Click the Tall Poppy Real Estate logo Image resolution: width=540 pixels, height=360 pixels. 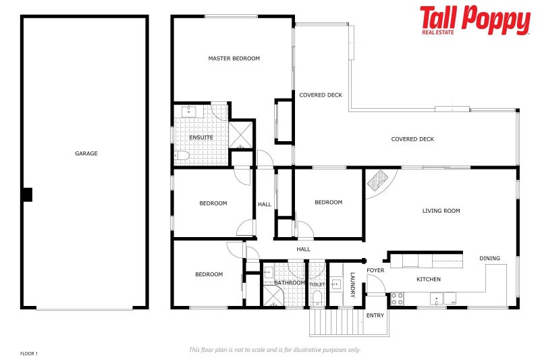475,20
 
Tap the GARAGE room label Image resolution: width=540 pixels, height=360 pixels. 86,153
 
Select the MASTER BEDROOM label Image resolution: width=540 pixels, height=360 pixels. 234,59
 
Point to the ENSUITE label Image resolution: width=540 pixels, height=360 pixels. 201,138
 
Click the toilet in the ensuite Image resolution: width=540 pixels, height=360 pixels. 181,156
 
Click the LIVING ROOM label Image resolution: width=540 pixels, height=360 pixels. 441,211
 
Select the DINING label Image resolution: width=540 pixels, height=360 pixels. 490,258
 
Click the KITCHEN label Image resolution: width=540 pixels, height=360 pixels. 428,279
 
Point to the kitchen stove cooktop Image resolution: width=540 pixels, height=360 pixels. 397,297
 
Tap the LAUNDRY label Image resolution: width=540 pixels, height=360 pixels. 352,284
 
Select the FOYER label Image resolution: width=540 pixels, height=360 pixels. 375,271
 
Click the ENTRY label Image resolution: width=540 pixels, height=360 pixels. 375,315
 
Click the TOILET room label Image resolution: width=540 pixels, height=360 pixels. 317,285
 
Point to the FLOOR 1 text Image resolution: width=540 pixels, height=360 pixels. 29,353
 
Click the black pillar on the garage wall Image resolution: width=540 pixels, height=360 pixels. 27,195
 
